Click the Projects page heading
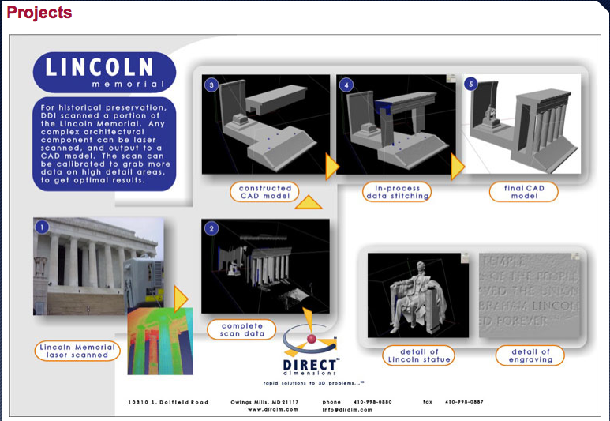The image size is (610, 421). coord(39,13)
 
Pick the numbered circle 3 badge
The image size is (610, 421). coord(211,84)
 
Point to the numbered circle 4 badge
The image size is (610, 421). coord(345,84)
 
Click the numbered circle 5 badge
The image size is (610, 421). coord(472,84)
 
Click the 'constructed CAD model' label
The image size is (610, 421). coord(265,192)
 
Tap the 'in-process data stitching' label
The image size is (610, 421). coord(398,192)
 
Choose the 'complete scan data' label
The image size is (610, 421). coord(242,330)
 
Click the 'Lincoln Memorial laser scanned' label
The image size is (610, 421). coord(77,351)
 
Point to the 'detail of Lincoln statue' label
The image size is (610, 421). coord(420,356)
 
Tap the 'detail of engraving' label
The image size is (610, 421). coord(531,356)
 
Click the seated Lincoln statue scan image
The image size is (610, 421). coord(417,294)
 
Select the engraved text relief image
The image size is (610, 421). coord(530,294)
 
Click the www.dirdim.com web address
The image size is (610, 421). coord(273,409)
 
